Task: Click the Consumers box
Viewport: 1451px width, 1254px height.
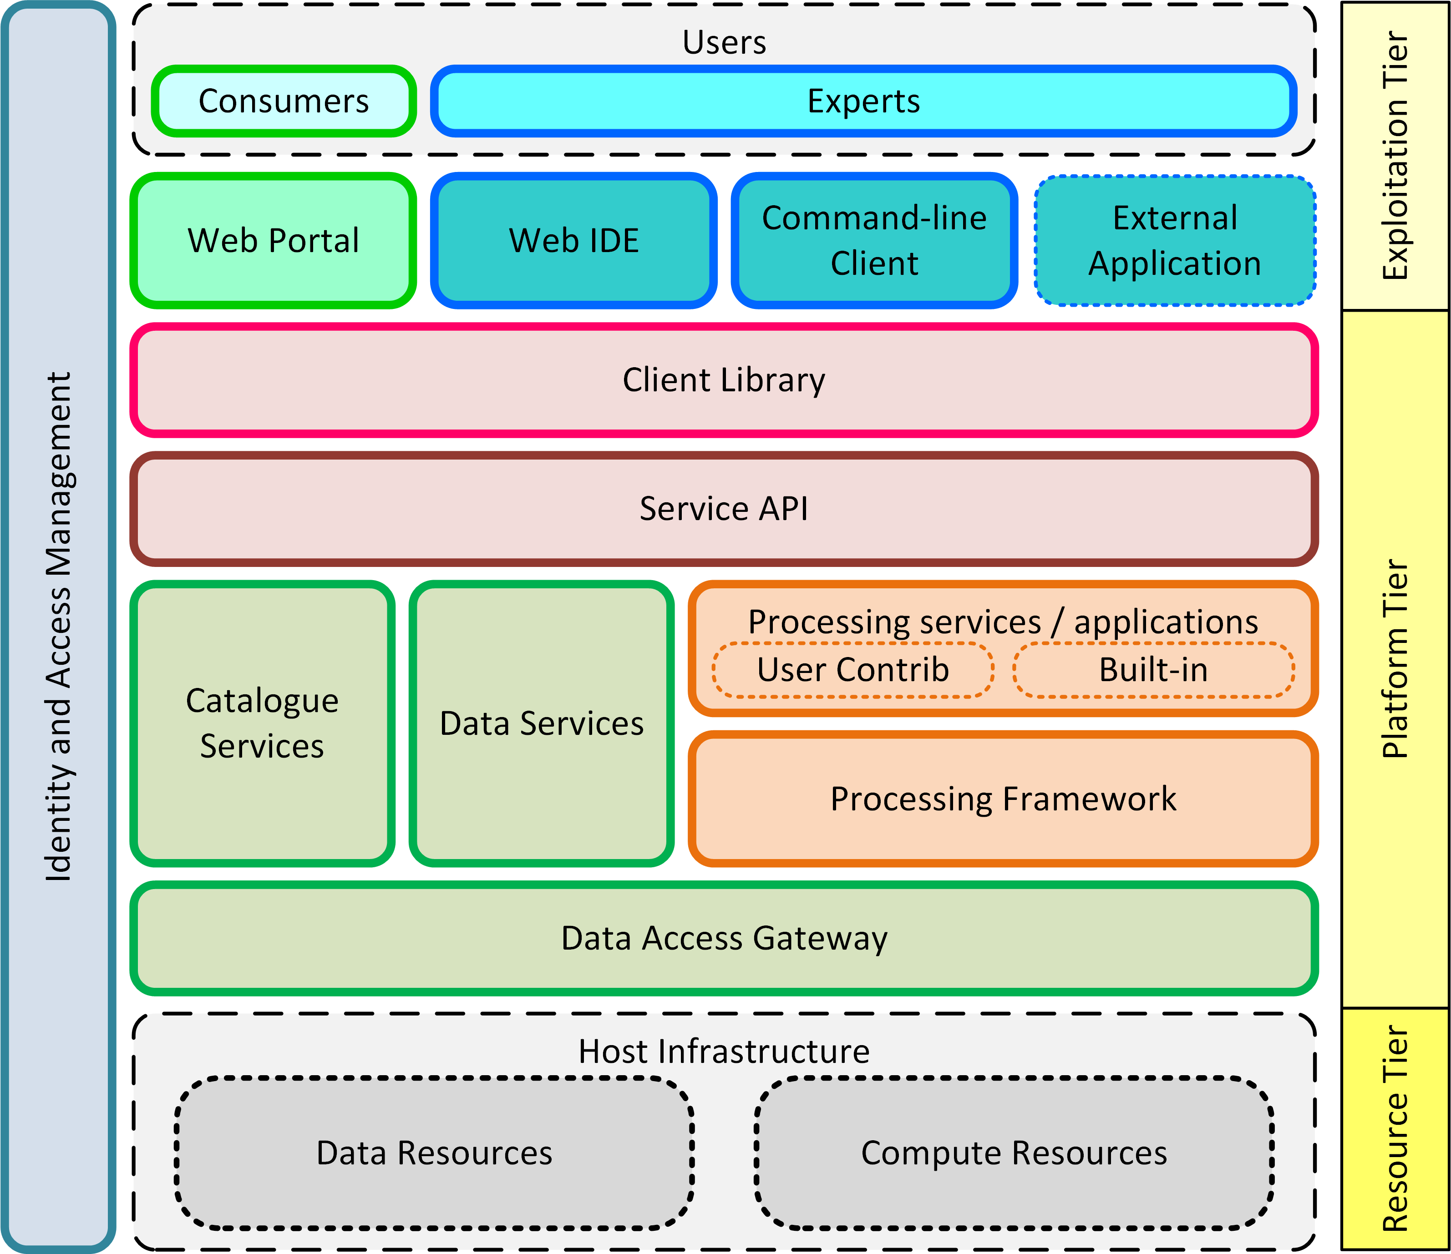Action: pos(284,101)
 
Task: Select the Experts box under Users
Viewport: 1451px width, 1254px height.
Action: pos(863,101)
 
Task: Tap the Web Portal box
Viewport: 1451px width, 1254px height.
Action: pos(273,240)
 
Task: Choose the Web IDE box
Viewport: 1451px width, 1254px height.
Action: pos(573,240)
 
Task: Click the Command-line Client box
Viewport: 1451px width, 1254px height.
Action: pos(874,240)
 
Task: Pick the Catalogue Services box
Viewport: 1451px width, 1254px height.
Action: pos(262,723)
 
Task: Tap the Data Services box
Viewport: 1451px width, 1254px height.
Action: pos(541,723)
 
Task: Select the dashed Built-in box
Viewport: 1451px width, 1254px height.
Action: pos(1153,669)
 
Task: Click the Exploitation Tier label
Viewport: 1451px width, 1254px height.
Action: pos(1395,156)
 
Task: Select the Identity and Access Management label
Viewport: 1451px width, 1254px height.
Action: pos(58,626)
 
